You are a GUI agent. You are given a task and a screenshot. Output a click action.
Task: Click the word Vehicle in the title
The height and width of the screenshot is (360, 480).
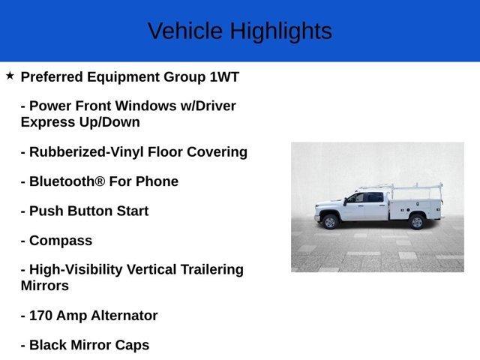pyautogui.click(x=185, y=31)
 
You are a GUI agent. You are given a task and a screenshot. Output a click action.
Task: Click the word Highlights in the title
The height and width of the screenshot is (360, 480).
pyautogui.click(x=281, y=31)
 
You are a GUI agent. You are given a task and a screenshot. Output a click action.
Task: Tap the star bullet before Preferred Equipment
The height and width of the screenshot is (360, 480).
pyautogui.click(x=10, y=75)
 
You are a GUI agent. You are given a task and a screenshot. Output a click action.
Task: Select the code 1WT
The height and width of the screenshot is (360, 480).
pyautogui.click(x=224, y=76)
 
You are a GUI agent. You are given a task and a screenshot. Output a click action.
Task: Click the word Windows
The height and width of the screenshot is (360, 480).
pyautogui.click(x=146, y=106)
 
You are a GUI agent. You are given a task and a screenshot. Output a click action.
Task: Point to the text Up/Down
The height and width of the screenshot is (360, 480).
pyautogui.click(x=109, y=122)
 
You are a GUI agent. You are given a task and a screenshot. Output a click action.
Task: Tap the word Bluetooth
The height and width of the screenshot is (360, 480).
pyautogui.click(x=62, y=181)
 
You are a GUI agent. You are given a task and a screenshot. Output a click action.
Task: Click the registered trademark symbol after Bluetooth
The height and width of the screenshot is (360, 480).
pyautogui.click(x=100, y=181)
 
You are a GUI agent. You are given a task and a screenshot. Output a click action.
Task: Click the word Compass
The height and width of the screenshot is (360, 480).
pyautogui.click(x=61, y=241)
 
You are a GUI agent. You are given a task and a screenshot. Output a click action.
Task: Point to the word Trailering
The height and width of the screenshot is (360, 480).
pyautogui.click(x=211, y=270)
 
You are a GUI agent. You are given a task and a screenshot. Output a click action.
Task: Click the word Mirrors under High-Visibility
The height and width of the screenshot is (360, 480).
pyautogui.click(x=45, y=286)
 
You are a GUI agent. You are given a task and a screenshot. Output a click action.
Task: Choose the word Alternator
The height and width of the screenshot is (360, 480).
pyautogui.click(x=124, y=316)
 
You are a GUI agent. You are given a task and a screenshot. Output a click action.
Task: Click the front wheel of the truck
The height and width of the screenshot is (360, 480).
pyautogui.click(x=330, y=222)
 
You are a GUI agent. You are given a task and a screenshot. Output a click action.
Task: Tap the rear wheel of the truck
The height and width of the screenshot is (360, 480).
pyautogui.click(x=417, y=222)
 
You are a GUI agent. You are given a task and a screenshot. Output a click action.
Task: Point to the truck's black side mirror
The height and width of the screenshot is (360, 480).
pyautogui.click(x=345, y=202)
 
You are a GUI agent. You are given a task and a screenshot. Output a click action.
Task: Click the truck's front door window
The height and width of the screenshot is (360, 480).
pyautogui.click(x=356, y=198)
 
